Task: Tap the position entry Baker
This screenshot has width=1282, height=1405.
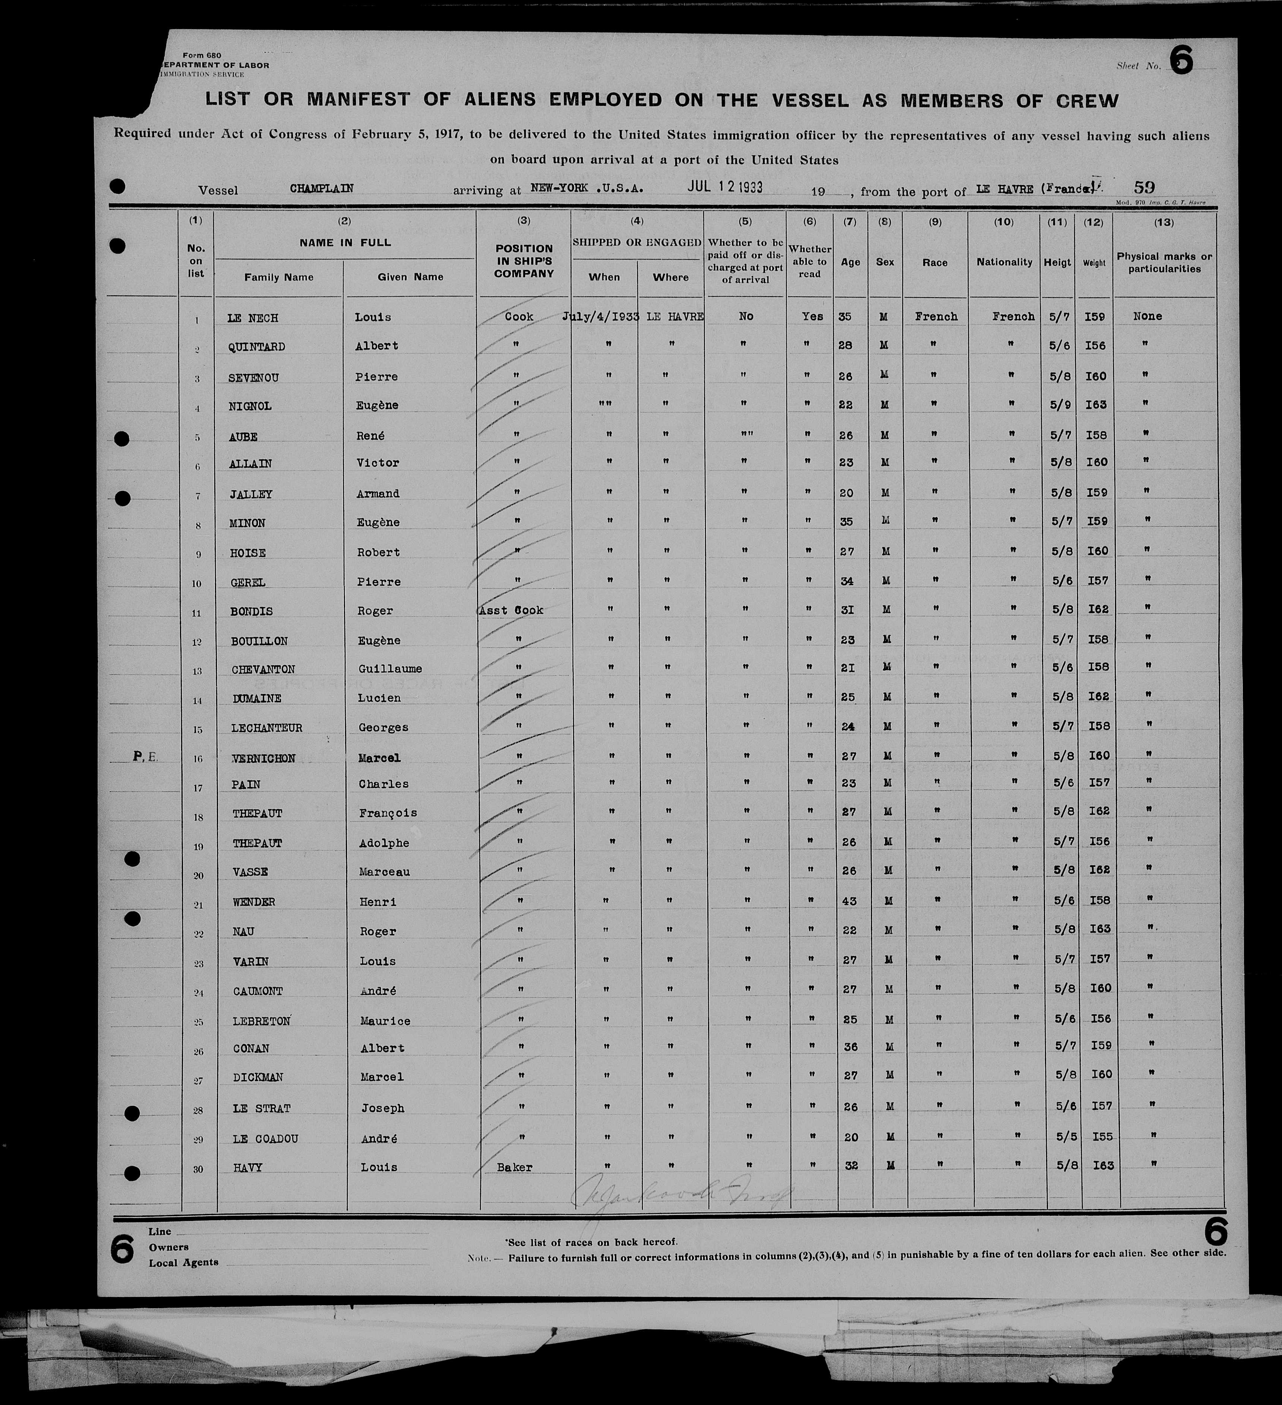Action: click(x=514, y=1167)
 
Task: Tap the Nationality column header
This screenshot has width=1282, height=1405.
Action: click(x=1004, y=263)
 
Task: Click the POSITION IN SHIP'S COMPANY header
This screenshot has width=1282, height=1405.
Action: click(x=524, y=261)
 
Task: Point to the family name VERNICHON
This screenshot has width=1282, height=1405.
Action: click(x=263, y=758)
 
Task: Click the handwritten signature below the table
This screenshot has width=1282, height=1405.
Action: click(x=680, y=1197)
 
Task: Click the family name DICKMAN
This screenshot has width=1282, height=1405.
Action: click(x=258, y=1078)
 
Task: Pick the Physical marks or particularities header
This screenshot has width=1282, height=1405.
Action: click(x=1164, y=263)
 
